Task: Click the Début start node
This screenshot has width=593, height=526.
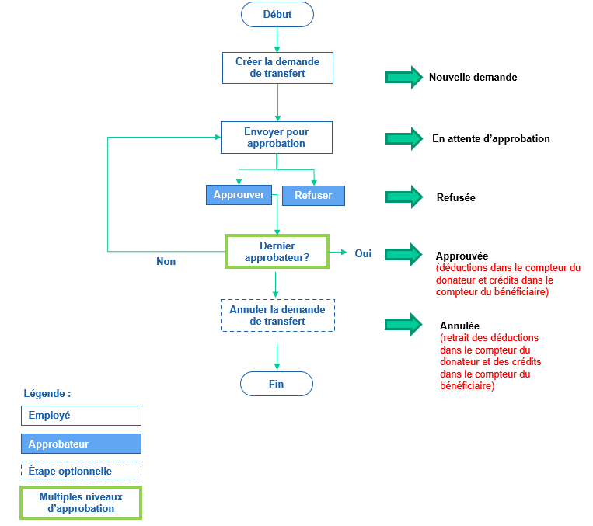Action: click(277, 14)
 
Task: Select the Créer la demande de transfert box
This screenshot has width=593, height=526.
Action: click(277, 68)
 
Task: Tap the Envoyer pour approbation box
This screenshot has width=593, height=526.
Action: click(277, 138)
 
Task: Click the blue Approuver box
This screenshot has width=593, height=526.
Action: click(239, 195)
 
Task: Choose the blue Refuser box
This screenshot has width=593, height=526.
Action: click(313, 196)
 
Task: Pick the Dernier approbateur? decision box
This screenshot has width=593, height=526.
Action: click(277, 252)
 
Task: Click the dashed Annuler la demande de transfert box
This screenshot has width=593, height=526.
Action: click(277, 315)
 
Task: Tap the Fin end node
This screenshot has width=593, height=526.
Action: click(277, 384)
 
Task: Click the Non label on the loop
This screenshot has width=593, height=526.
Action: click(166, 262)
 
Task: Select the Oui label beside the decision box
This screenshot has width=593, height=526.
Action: click(363, 253)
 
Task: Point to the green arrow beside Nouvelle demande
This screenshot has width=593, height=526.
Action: click(404, 77)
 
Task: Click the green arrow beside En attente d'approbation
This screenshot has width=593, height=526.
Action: click(404, 138)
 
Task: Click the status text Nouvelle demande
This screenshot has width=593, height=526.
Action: click(473, 78)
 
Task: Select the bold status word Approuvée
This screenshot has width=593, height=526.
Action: click(462, 256)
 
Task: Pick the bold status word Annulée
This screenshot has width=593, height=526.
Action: click(459, 326)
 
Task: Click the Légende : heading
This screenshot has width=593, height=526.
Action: click(47, 394)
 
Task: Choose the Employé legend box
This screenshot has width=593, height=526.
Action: click(81, 416)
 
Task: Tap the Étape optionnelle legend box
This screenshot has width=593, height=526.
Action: click(81, 471)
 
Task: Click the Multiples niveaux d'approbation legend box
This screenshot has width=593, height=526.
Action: click(81, 503)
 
